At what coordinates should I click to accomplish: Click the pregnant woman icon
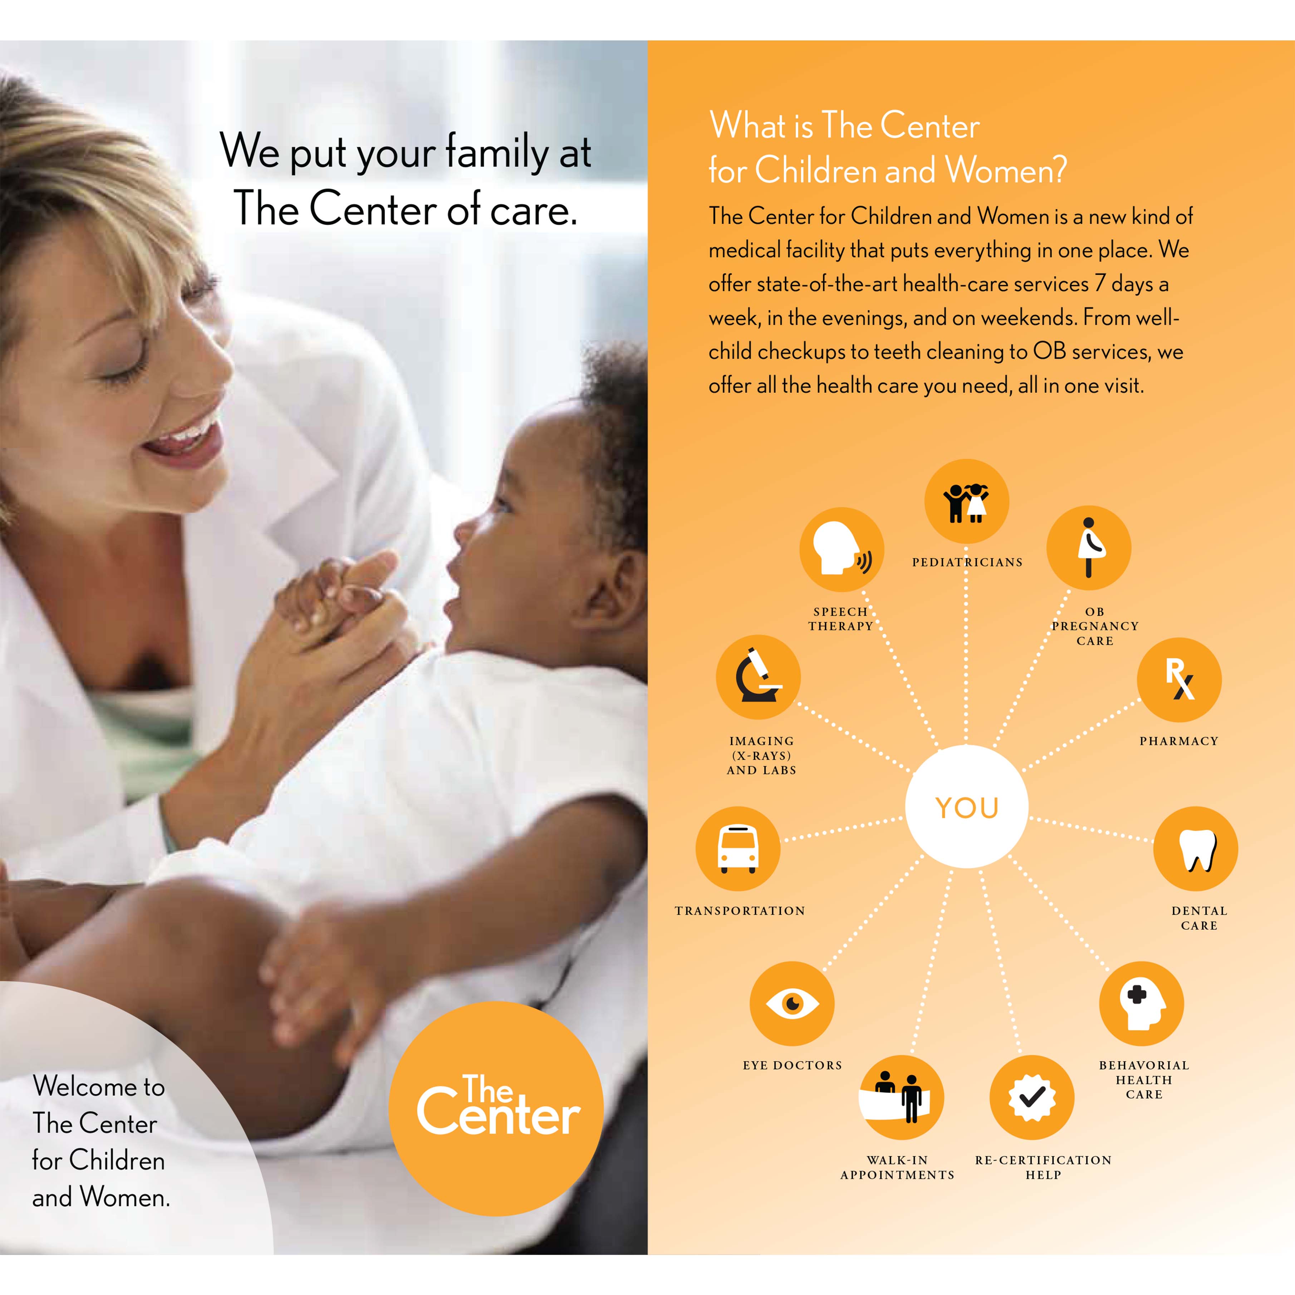pyautogui.click(x=1089, y=548)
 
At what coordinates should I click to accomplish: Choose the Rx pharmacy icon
pyautogui.click(x=1179, y=680)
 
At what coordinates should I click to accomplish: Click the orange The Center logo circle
pyautogui.click(x=496, y=1108)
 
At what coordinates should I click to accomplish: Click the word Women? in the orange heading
pyautogui.click(x=1005, y=170)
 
